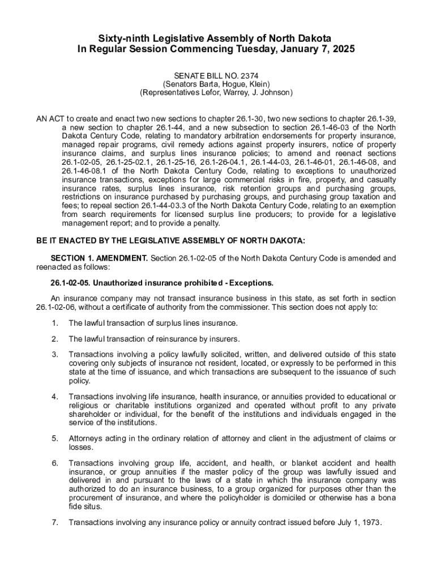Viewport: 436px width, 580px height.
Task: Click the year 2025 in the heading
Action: [x=343, y=49]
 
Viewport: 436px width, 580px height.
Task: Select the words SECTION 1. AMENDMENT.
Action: [x=99, y=258]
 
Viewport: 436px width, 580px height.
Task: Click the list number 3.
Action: [x=55, y=355]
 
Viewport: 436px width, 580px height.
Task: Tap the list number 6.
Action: [x=55, y=463]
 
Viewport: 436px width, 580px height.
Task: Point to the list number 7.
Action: [x=55, y=523]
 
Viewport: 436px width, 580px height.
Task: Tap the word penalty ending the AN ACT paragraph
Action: [x=206, y=224]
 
